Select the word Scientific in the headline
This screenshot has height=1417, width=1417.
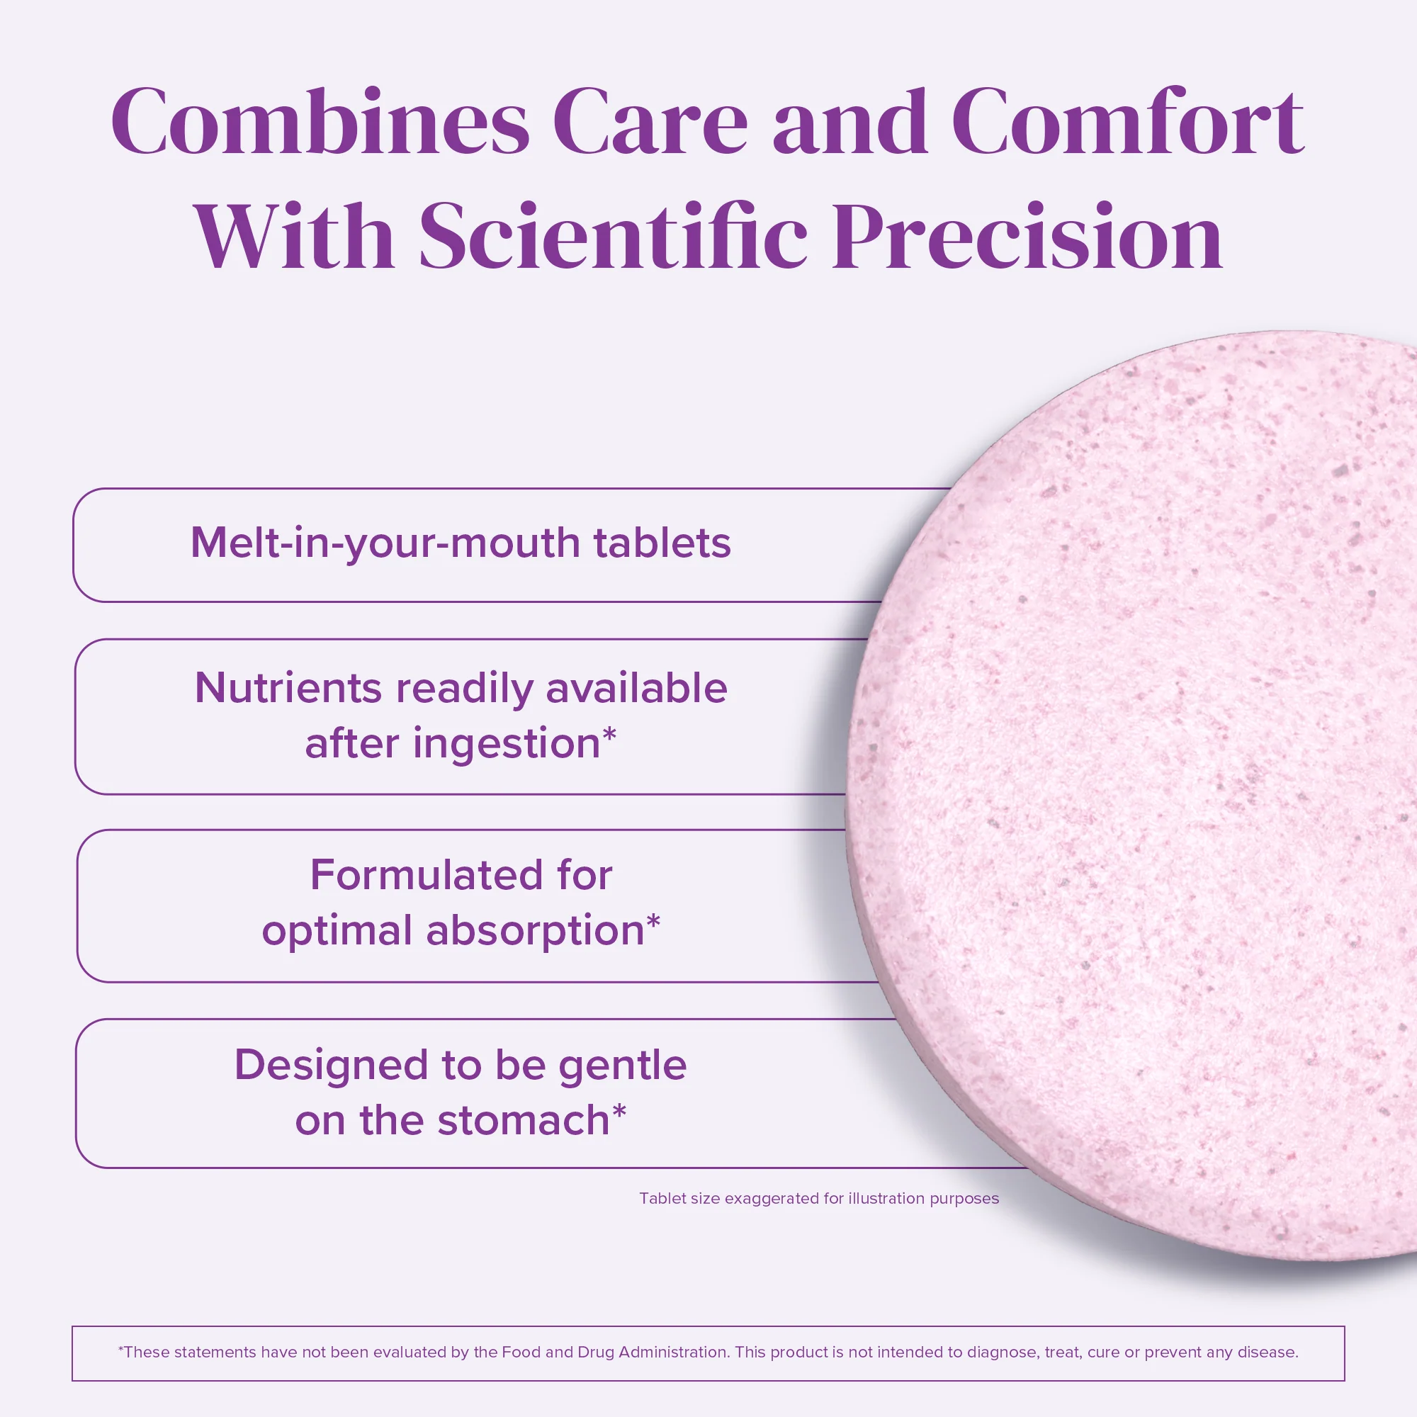point(612,236)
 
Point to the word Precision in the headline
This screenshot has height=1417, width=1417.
point(1027,236)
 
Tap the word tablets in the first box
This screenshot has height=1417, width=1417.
point(662,543)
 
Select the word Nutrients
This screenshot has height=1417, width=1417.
point(288,689)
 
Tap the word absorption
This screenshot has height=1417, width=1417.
point(535,931)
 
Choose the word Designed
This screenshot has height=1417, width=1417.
point(331,1065)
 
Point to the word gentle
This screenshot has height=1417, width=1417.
point(622,1065)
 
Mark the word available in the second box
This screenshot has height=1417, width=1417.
point(636,689)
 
